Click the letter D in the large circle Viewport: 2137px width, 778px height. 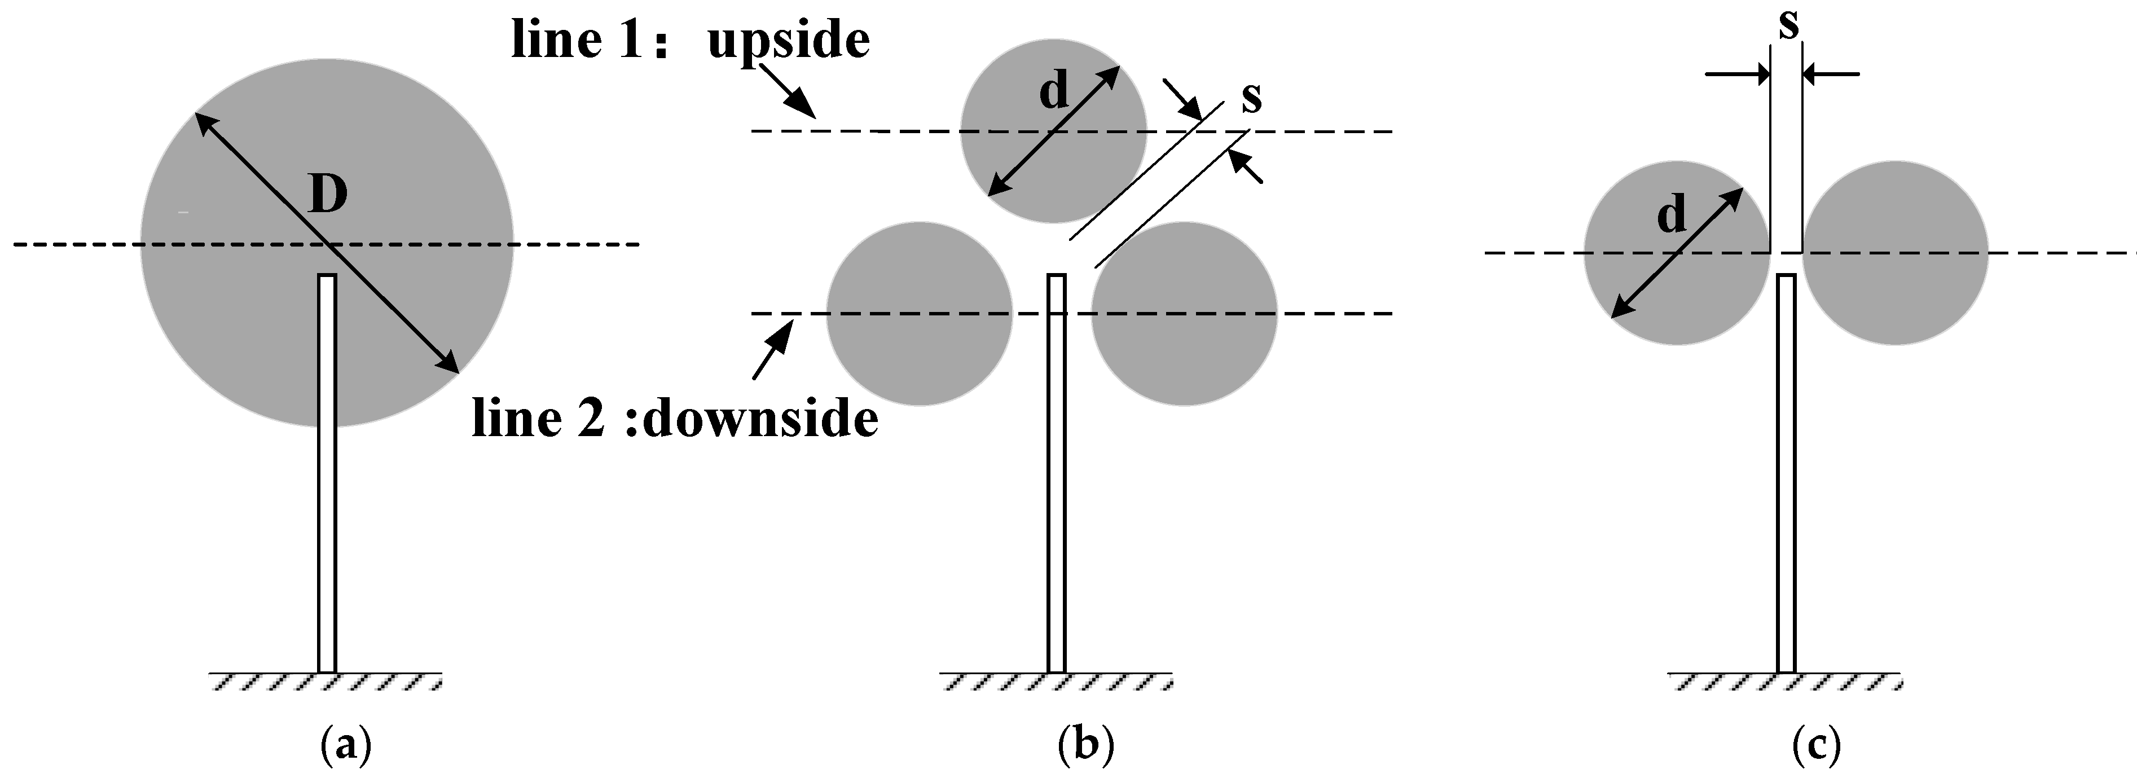click(328, 196)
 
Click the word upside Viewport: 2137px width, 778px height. click(788, 40)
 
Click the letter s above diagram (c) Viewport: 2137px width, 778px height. click(1789, 25)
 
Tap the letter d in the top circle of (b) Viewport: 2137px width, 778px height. click(1054, 92)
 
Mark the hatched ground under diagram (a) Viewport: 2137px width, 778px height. click(325, 682)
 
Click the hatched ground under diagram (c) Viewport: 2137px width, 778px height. click(1784, 682)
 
